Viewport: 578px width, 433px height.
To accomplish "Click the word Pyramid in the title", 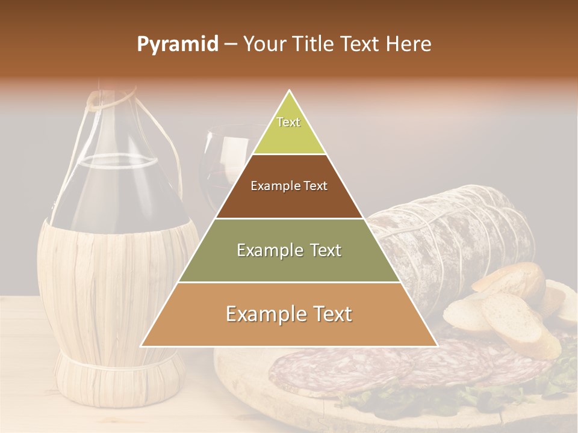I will click(177, 45).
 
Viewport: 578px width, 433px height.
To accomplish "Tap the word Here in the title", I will click(408, 45).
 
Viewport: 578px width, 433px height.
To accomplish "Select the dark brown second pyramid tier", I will click(289, 202).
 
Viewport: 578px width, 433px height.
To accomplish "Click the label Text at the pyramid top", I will click(288, 122).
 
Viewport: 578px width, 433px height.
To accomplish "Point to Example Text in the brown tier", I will click(289, 186).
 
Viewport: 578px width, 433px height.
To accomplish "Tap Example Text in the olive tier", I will click(289, 250).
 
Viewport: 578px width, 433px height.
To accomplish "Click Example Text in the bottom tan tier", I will click(289, 314).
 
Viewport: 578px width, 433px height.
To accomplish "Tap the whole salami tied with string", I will click(458, 235).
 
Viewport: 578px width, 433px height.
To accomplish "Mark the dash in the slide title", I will click(230, 45).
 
